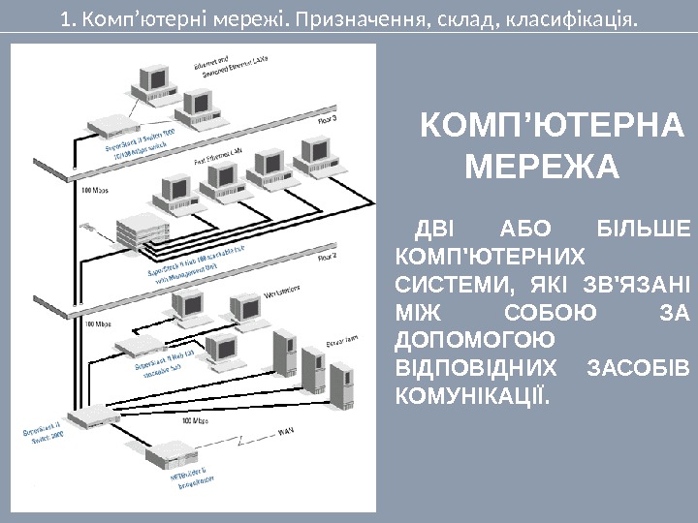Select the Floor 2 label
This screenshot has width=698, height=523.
(324, 258)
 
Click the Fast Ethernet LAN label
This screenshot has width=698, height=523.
(219, 155)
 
